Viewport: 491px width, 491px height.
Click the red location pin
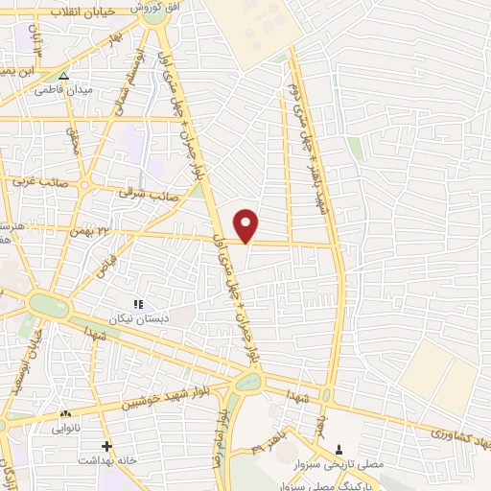click(246, 224)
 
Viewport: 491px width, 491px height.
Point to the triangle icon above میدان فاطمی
click(63, 76)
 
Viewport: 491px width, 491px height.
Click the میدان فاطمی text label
click(62, 90)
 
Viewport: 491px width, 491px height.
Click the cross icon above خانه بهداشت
click(106, 447)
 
